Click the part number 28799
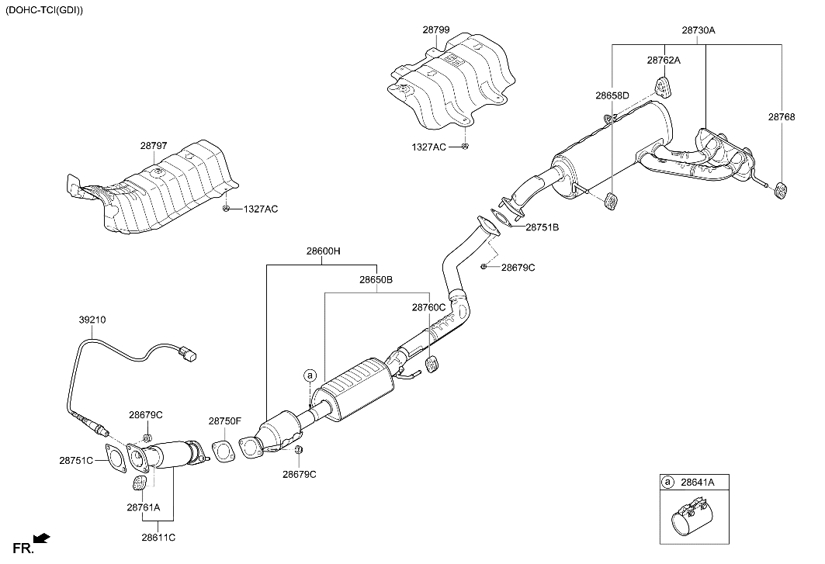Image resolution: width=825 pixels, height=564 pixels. [x=435, y=29]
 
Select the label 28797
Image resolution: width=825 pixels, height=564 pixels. [x=154, y=145]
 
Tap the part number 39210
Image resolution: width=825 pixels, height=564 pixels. [x=92, y=319]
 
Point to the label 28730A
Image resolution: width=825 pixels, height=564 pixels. [x=698, y=29]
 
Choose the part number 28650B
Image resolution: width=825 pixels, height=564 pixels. [x=376, y=279]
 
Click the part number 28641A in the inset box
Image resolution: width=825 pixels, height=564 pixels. [x=697, y=483]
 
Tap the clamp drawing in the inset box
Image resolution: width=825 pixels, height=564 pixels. [x=690, y=521]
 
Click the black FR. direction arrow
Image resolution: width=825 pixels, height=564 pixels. [x=42, y=537]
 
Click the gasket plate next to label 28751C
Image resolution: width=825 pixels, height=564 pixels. [x=116, y=458]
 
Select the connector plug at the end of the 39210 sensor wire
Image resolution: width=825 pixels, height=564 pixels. [x=188, y=355]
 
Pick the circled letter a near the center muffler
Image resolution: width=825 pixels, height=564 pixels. [x=310, y=375]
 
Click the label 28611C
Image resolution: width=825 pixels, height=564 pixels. [x=158, y=536]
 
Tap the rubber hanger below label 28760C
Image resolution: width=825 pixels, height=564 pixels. [x=433, y=363]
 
